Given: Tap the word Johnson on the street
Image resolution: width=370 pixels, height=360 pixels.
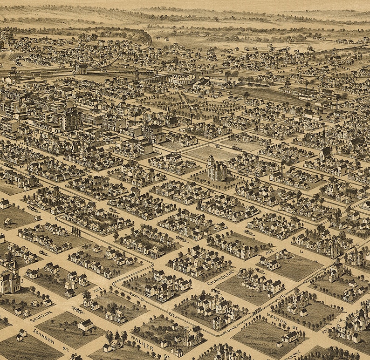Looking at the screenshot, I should click(x=43, y=335).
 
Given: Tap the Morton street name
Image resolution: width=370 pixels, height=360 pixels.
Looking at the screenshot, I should click(x=277, y=318).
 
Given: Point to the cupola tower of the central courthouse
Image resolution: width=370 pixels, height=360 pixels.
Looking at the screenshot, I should click(x=211, y=159).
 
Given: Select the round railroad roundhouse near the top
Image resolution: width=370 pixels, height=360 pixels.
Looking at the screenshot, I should click(x=182, y=79).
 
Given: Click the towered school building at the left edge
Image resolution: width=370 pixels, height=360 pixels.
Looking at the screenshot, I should click(x=9, y=279).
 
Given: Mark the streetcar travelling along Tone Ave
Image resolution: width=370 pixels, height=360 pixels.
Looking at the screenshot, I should click(x=257, y=310).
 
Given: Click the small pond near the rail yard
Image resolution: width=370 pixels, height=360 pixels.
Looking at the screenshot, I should click(x=254, y=86).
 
